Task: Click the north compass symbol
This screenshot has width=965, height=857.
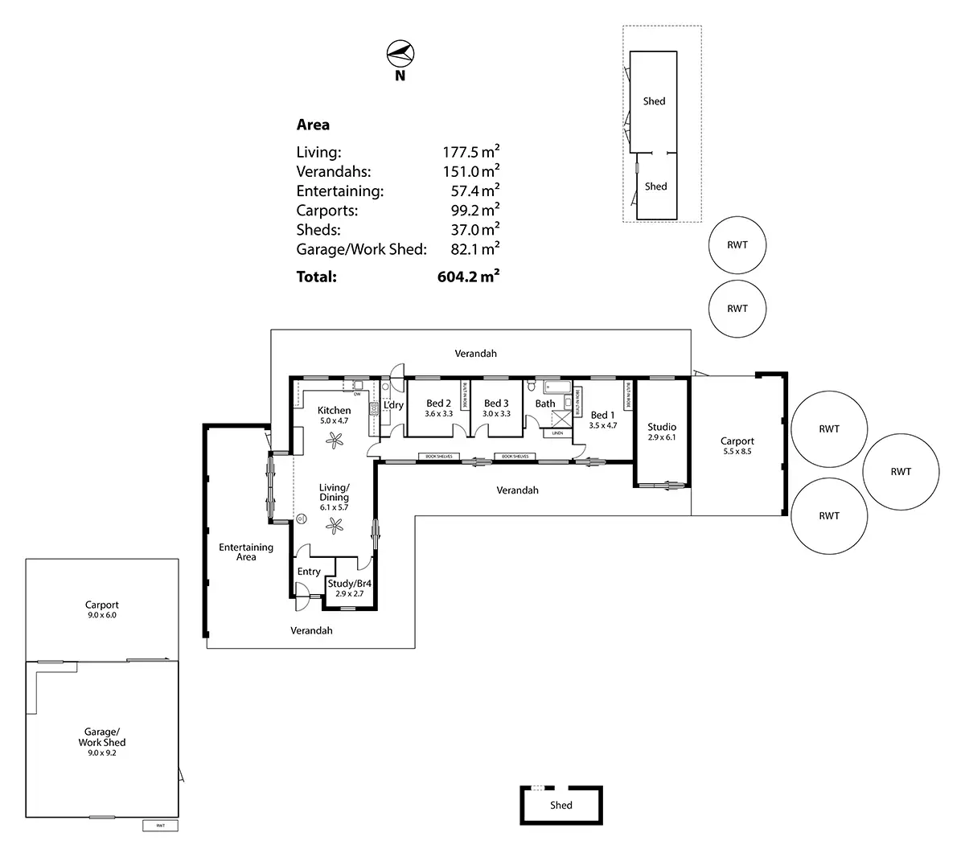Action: [400, 55]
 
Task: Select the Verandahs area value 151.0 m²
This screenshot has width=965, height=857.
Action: [470, 171]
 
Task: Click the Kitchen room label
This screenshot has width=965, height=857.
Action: [335, 410]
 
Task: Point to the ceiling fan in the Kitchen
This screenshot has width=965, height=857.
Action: [334, 438]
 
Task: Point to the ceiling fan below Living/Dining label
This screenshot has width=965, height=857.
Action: [334, 525]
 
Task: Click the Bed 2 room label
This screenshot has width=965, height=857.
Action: [438, 404]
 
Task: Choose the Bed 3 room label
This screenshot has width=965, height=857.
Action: [496, 404]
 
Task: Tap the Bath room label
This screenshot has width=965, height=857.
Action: [545, 404]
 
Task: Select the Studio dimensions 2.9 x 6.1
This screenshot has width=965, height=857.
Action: [662, 437]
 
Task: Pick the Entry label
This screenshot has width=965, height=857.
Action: [309, 572]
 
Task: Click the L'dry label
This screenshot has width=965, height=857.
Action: [394, 405]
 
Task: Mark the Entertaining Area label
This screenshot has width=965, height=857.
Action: [246, 552]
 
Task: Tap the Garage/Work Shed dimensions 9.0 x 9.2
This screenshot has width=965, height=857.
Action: [102, 753]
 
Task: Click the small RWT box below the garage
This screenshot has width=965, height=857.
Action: [161, 826]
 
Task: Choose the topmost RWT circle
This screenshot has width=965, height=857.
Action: [737, 245]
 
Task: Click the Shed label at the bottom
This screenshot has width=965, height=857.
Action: [561, 805]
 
